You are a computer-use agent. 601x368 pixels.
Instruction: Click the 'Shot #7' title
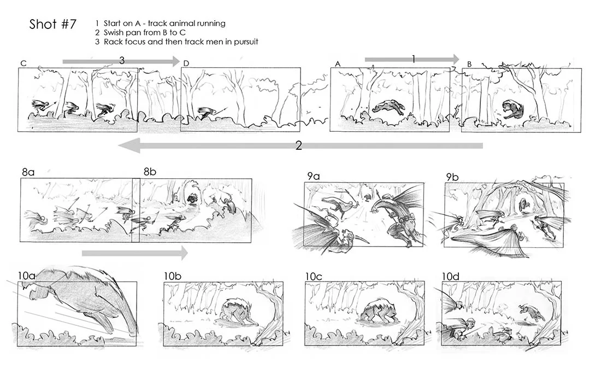click(x=52, y=25)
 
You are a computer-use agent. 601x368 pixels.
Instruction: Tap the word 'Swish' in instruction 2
click(x=114, y=32)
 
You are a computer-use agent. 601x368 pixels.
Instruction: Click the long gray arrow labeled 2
click(x=300, y=145)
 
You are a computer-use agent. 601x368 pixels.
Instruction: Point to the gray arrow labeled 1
click(x=413, y=59)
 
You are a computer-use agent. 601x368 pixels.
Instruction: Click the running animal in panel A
click(x=388, y=108)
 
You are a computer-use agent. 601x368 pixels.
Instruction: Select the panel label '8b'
click(x=150, y=172)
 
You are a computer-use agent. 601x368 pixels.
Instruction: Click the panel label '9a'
click(x=313, y=176)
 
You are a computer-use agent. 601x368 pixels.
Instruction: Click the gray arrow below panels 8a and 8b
click(x=134, y=253)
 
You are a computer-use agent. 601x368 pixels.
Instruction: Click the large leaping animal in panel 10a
click(x=87, y=298)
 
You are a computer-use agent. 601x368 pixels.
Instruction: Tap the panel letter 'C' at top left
click(x=23, y=63)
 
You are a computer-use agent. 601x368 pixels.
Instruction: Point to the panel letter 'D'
click(x=186, y=63)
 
